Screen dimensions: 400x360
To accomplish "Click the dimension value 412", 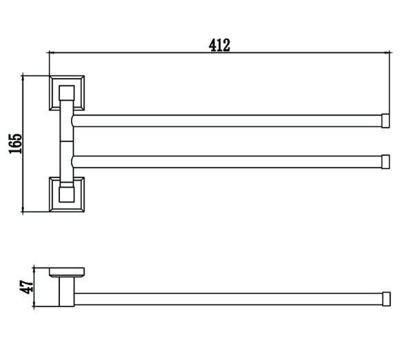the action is pyautogui.click(x=219, y=46).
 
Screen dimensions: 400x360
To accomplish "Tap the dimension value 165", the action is pyautogui.click(x=16, y=143).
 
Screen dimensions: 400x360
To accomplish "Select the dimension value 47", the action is pyautogui.click(x=26, y=287).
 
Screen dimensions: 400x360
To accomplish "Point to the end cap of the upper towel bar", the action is pyautogui.click(x=386, y=121).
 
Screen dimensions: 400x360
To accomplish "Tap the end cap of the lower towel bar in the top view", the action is pyautogui.click(x=386, y=162).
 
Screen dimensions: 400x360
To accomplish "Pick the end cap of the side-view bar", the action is pyautogui.click(x=386, y=299).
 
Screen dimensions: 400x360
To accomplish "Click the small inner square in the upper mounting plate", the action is pyautogui.click(x=67, y=93).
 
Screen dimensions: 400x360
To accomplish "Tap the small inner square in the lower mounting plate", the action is pyautogui.click(x=67, y=194).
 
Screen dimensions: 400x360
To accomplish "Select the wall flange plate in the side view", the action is pyautogui.click(x=67, y=272).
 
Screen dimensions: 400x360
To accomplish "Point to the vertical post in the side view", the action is pyautogui.click(x=67, y=292).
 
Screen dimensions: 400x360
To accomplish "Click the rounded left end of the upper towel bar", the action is pyautogui.click(x=73, y=121).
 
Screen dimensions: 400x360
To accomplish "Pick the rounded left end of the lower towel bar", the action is pyautogui.click(x=73, y=162).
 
